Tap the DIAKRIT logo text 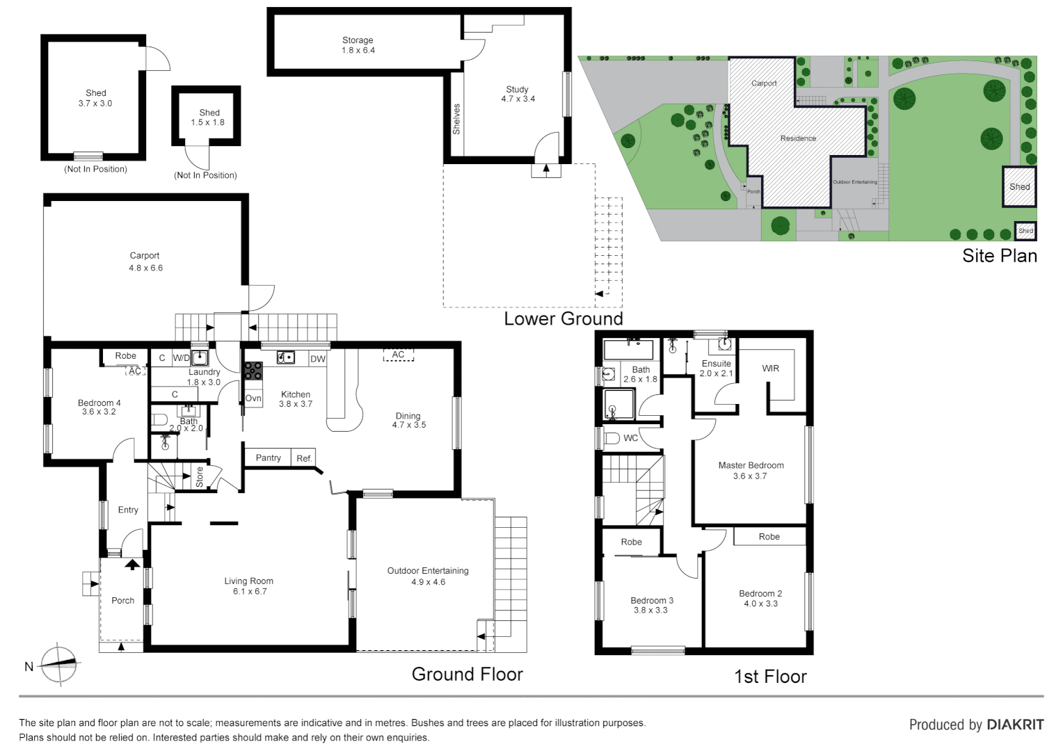tap(1015, 725)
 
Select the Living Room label tap(248, 581)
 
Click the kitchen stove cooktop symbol tap(253, 371)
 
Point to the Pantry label tap(268, 458)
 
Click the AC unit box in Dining tap(398, 355)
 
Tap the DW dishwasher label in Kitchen tap(317, 359)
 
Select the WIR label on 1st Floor tap(770, 369)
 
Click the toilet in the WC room tap(612, 438)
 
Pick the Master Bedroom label tap(751, 466)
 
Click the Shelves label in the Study tap(456, 119)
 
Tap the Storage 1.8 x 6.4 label tap(358, 45)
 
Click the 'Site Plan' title tap(999, 256)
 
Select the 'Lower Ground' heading tap(563, 319)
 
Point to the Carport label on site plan tap(764, 83)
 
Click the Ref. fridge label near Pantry tap(304, 458)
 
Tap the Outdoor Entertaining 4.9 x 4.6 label tap(428, 576)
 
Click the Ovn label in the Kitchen tap(253, 398)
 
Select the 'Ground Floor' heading tap(467, 674)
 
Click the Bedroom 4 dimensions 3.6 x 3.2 tap(99, 412)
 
